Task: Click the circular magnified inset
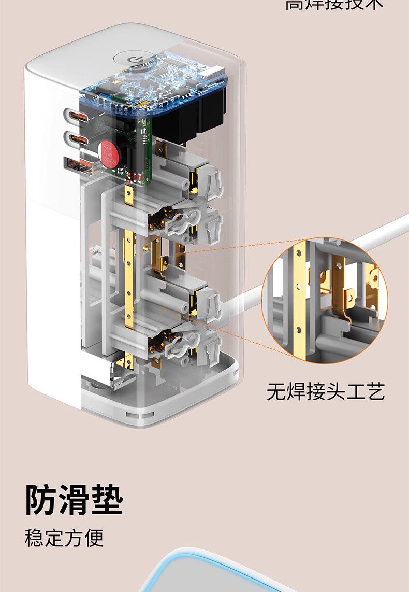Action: (325, 299)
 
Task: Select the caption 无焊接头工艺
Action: (326, 392)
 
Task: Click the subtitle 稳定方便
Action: (64, 538)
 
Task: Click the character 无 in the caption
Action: (276, 392)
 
